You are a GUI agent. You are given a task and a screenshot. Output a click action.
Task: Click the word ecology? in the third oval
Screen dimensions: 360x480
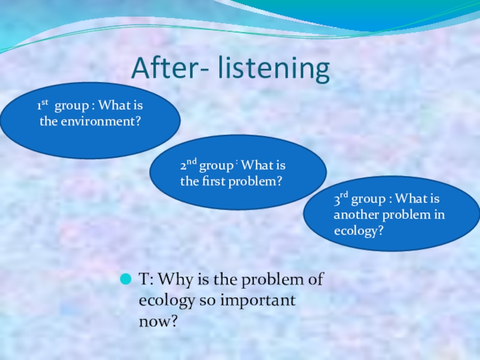pyautogui.click(x=358, y=230)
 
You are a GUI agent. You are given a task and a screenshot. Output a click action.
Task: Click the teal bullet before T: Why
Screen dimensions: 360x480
pyautogui.click(x=127, y=280)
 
